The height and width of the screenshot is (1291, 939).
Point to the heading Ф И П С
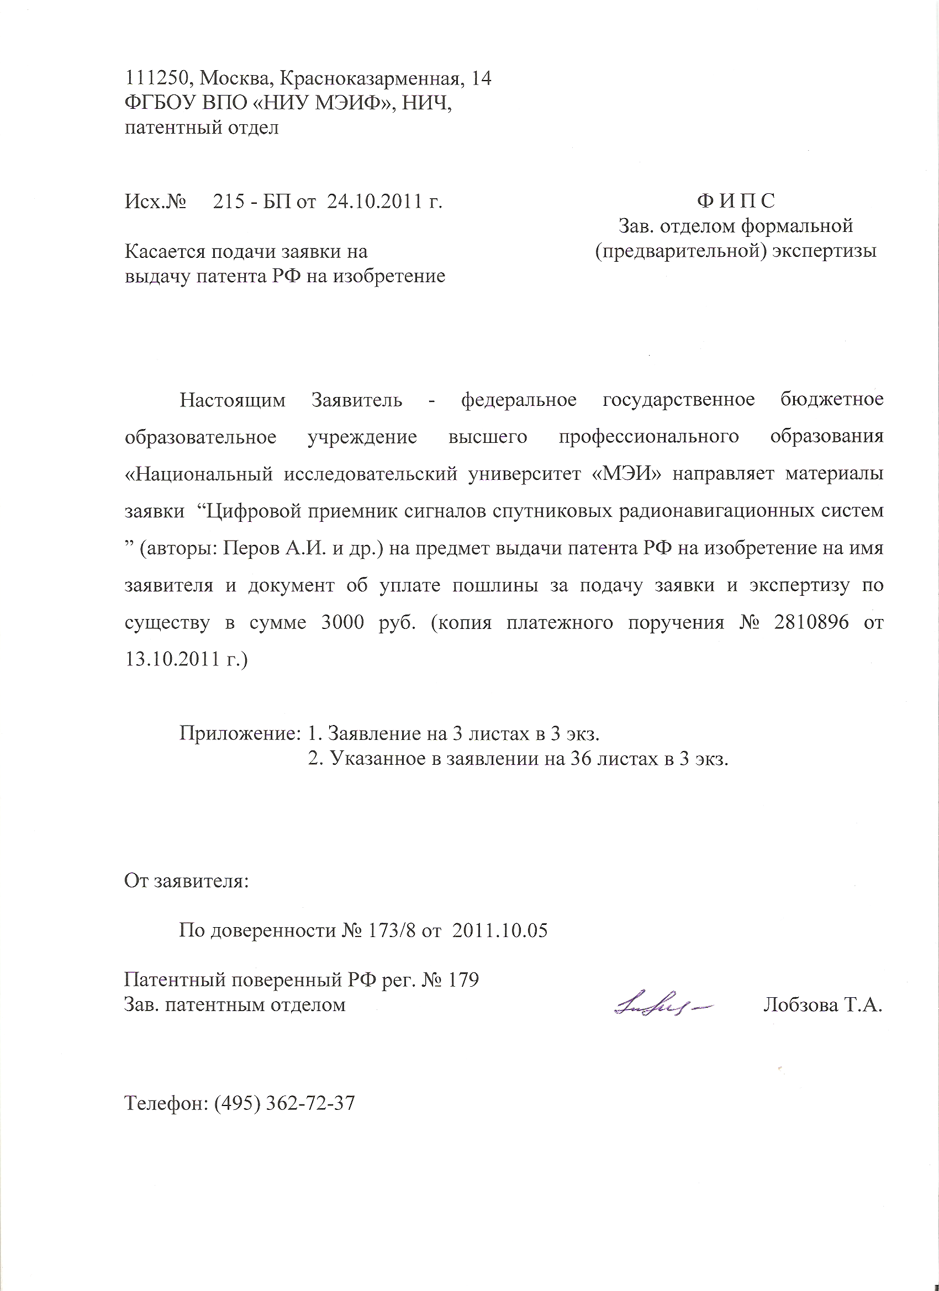735,201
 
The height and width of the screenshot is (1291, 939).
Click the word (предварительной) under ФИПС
680,251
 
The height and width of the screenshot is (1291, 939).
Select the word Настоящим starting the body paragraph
233,400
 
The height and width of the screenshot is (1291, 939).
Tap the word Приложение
240,733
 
